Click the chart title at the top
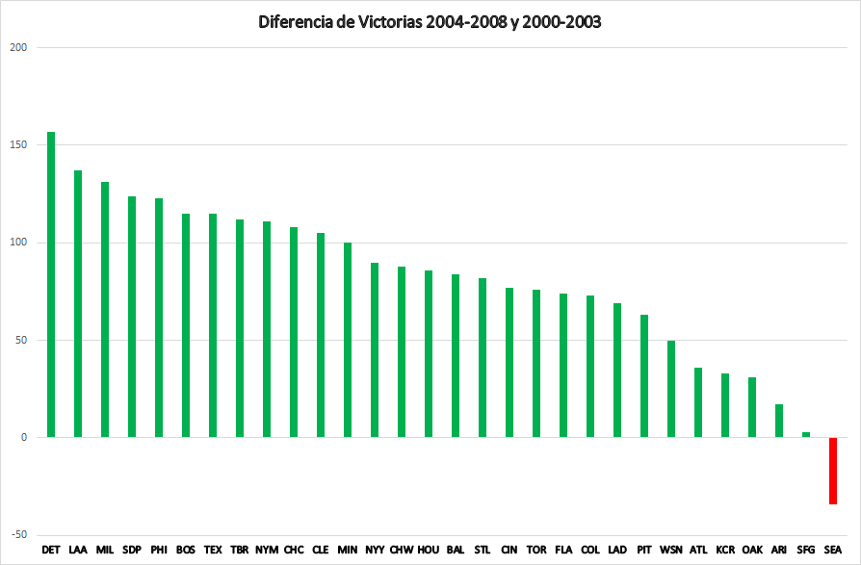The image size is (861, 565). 430,22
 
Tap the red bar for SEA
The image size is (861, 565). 833,471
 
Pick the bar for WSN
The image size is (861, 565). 671,389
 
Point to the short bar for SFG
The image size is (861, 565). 806,435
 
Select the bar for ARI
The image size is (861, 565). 779,421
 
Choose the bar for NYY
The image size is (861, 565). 375,350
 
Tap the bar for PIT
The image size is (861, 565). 644,376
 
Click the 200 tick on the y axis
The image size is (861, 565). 18,47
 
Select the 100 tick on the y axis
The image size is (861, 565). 18,243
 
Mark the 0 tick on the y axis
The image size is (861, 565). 24,438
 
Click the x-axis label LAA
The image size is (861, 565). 78,551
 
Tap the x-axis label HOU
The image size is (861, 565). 429,551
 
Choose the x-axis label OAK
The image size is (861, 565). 752,551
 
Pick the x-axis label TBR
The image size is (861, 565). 240,551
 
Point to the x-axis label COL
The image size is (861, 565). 590,551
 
